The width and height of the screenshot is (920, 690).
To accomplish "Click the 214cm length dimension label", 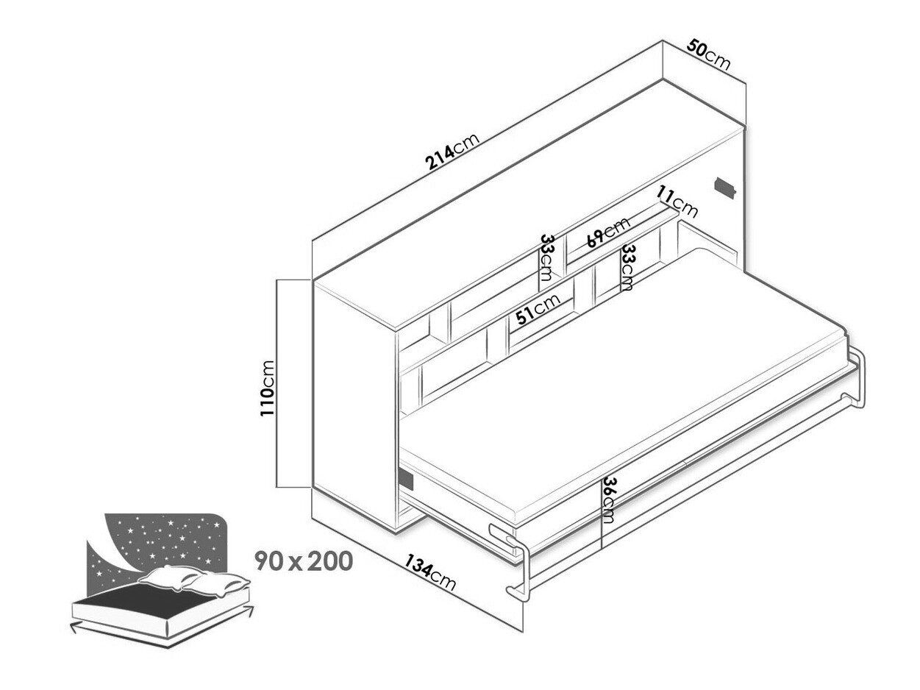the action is tap(452, 152).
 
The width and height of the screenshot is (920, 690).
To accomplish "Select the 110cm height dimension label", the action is tap(267, 388).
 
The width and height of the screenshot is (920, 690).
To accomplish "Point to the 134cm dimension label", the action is tap(430, 572).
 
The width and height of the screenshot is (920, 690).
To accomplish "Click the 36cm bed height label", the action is tap(607, 499).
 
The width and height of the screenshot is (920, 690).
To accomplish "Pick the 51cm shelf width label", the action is tap(538, 310).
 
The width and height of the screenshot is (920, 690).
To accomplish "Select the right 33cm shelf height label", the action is tap(627, 267).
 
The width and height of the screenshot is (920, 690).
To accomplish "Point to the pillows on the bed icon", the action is tap(193, 580).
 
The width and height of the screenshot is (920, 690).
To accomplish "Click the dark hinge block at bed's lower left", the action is tap(405, 478).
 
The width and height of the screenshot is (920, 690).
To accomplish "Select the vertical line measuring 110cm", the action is tap(275, 383).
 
